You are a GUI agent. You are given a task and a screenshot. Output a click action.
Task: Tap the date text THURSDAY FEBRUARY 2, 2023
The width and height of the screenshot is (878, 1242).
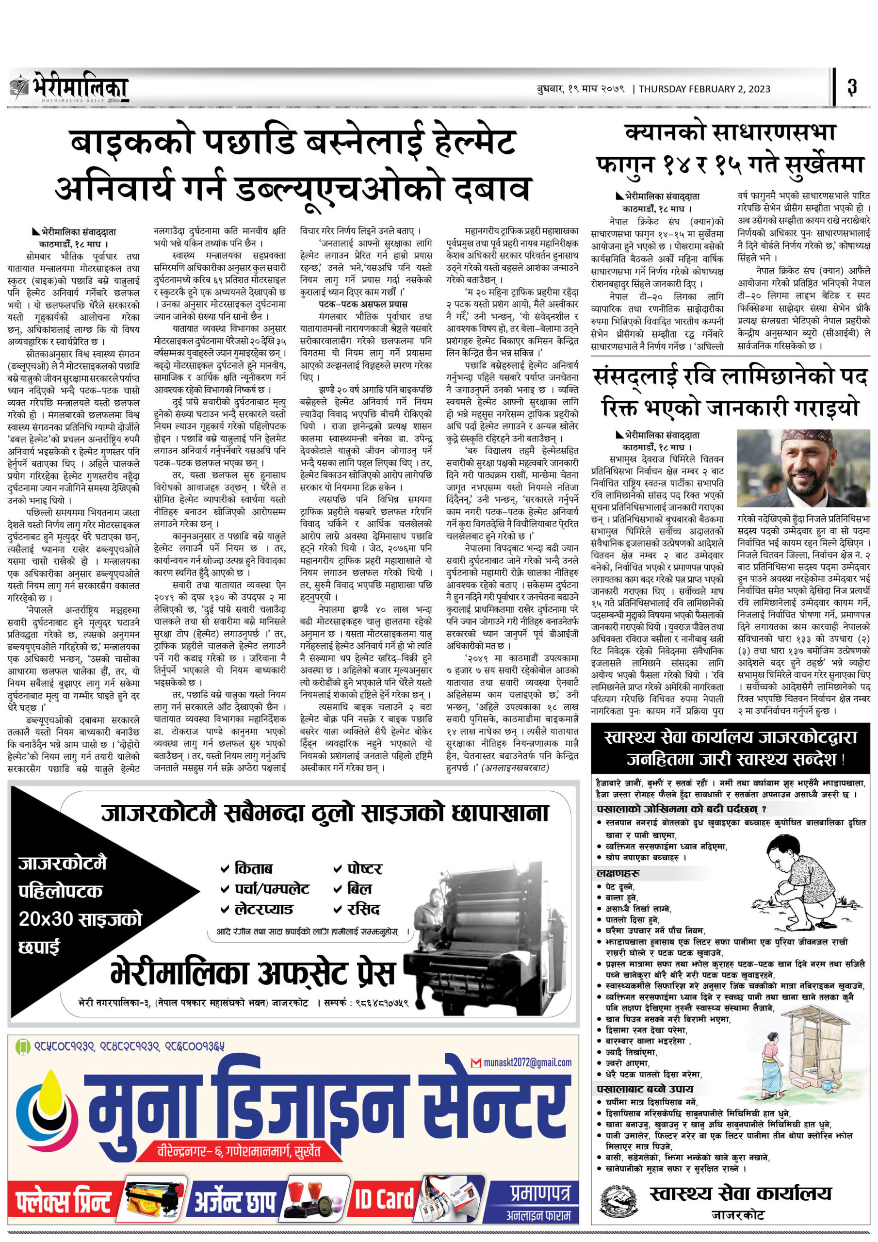704,89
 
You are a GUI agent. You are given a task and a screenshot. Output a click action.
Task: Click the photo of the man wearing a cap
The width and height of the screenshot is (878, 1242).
803,468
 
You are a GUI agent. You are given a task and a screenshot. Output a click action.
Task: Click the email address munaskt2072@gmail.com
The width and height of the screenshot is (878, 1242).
527,1062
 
